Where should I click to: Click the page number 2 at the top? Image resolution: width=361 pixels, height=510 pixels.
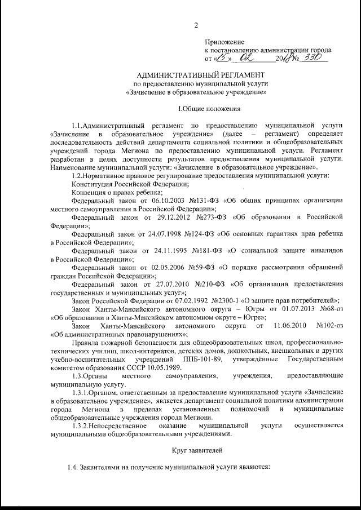click(195, 25)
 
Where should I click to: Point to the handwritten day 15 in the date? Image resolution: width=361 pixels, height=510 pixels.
click(223, 57)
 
